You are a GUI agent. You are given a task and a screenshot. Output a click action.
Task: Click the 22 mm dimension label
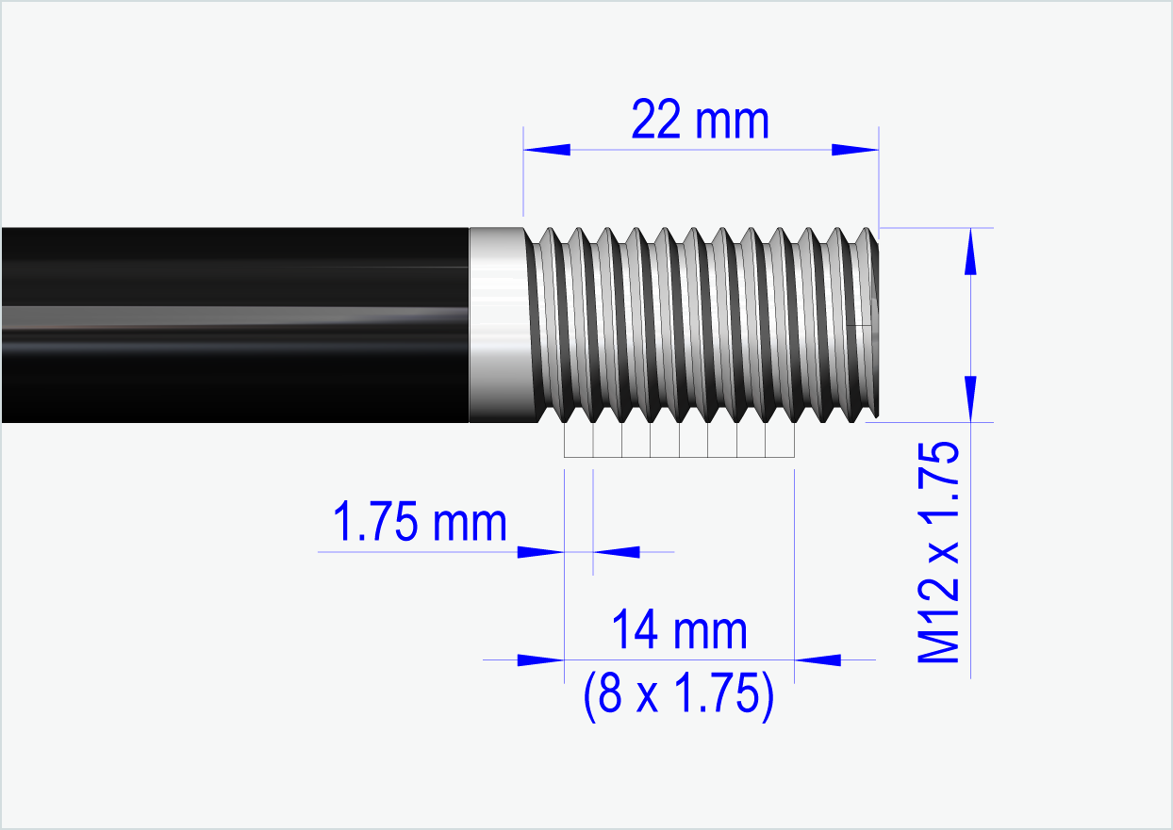700,122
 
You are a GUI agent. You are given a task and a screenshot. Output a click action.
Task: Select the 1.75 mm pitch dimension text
420,523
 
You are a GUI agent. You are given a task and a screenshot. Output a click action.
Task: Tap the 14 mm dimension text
679,630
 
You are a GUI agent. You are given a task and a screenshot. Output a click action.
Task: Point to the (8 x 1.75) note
679,696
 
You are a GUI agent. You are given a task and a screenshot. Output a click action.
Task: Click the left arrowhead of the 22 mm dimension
548,150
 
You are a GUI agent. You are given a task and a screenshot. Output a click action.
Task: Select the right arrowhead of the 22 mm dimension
854,150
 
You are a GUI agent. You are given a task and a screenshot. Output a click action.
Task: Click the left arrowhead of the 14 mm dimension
540,659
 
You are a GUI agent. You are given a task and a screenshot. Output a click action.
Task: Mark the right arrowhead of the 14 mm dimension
818,659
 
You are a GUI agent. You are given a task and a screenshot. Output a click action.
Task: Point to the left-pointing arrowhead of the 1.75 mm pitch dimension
617,551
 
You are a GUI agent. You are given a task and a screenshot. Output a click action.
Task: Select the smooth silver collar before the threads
497,325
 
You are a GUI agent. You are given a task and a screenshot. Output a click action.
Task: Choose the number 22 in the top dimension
657,122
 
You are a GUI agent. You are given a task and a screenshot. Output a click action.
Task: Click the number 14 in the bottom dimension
635,630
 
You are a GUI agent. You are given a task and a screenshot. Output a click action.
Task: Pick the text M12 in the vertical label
940,627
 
